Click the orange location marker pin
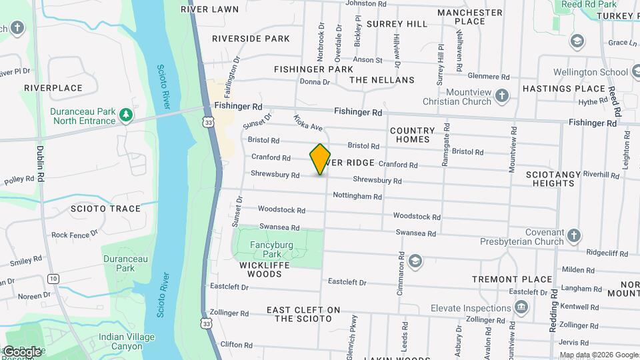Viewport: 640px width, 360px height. (320, 159)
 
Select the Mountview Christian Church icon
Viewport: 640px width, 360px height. (502, 97)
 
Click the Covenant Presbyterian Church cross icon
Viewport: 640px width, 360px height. (574, 236)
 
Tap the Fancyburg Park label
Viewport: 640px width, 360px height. (271, 249)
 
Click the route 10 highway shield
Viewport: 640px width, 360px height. (53, 278)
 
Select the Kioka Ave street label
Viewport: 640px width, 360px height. (308, 123)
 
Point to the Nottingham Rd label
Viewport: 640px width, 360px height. (357, 197)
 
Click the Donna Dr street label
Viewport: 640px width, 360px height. (315, 82)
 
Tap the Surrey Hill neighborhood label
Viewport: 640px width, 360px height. (397, 24)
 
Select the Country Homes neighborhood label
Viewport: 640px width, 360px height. (412, 135)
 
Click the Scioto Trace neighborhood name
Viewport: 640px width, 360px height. (106, 209)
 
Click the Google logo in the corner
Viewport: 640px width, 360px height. (21, 351)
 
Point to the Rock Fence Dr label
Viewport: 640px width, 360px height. (75, 235)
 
